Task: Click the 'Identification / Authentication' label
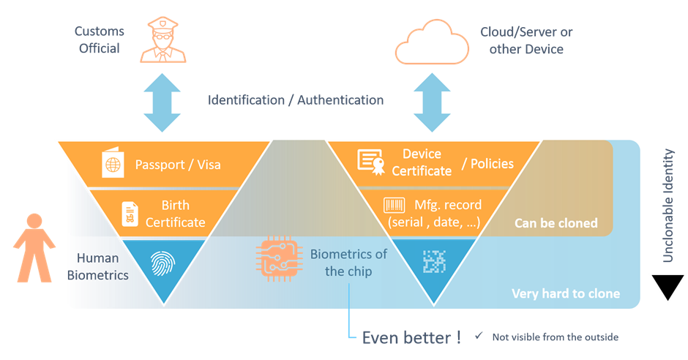pyautogui.click(x=296, y=100)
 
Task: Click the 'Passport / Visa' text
pyautogui.click(x=178, y=165)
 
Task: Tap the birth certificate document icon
pyautogui.click(x=130, y=213)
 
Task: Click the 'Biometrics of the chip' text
pyautogui.click(x=348, y=263)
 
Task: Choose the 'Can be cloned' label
pyautogui.click(x=556, y=223)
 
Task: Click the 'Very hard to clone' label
pyautogui.click(x=565, y=293)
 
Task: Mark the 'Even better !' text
pyautogui.click(x=411, y=337)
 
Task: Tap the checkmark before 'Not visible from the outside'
pyautogui.click(x=479, y=337)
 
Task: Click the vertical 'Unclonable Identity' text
pyautogui.click(x=668, y=206)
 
